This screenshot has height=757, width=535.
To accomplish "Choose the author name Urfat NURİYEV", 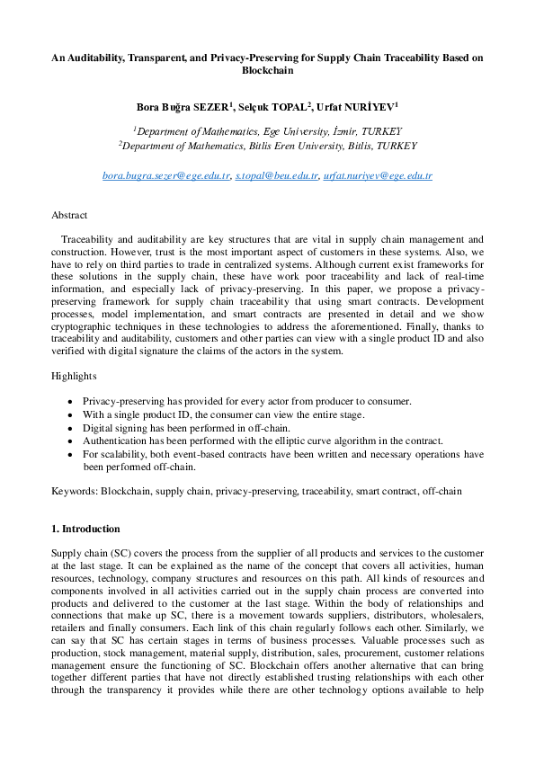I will point(360,107).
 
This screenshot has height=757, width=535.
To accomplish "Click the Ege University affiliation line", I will point(267,130).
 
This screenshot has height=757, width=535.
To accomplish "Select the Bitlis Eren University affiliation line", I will point(267,145).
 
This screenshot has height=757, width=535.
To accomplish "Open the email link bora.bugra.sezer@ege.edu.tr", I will point(166,176).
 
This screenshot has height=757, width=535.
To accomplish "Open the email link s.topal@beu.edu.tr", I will point(276,176).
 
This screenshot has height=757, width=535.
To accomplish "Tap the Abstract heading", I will point(69,216).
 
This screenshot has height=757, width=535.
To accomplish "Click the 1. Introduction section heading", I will point(85,529).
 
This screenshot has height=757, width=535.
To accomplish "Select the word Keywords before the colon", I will point(74,491).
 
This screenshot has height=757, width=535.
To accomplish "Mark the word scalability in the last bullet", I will point(119,455).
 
